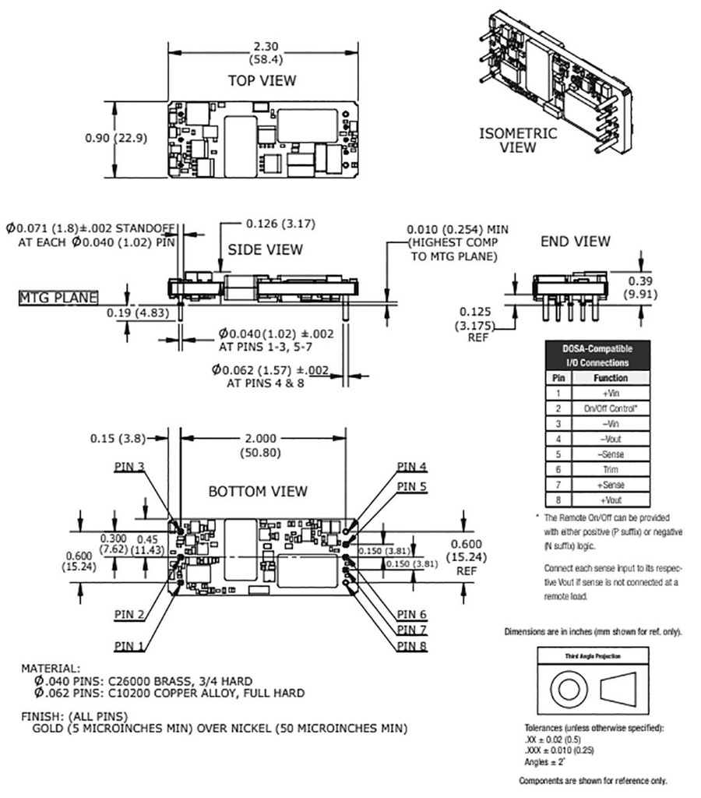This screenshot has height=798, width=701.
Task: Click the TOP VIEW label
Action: pos(262,80)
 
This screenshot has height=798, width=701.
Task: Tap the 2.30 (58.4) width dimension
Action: pos(262,52)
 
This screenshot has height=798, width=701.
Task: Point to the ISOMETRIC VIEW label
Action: pos(518,140)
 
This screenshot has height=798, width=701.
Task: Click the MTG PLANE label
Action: pos(58,297)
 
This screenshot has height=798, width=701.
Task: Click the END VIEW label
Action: pos(575,242)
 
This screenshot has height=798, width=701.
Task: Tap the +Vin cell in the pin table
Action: pos(611,394)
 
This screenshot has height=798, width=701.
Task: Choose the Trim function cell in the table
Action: pos(611,469)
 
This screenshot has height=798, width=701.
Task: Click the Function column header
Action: pos(611,378)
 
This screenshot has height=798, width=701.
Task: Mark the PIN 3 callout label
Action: pos(130,466)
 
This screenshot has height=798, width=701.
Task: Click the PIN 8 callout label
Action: pos(411,645)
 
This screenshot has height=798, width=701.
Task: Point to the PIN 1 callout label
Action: pos(130,645)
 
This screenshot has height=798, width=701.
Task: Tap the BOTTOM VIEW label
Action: pos(257,492)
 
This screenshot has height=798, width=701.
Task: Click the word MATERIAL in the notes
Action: pos(50,668)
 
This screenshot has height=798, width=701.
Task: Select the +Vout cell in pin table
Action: pos(611,500)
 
